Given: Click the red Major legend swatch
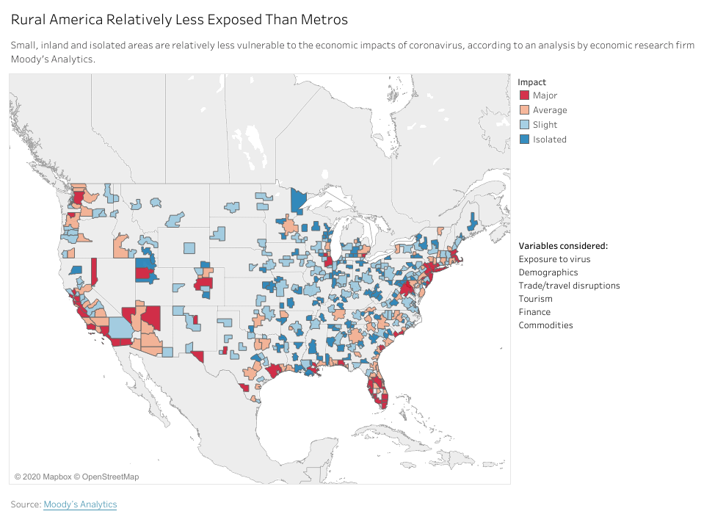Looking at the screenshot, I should tap(524, 95).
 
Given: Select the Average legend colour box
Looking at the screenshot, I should tap(524, 110).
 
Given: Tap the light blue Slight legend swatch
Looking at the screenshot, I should tap(524, 125).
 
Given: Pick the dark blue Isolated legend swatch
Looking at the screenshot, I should tap(524, 140).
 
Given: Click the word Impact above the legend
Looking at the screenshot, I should tap(531, 82).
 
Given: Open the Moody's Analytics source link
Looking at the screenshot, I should tap(80, 504).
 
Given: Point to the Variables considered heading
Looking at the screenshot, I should tap(563, 246).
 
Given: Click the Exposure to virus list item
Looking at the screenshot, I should tap(554, 259).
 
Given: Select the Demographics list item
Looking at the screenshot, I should tap(548, 272).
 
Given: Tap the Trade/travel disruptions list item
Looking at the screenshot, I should tap(569, 286).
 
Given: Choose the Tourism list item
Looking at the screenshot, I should tap(535, 299).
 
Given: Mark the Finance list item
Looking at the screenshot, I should tap(534, 312).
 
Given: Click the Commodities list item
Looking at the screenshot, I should tap(545, 325).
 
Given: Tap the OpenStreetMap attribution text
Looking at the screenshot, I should tap(109, 477).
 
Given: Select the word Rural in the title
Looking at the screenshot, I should tap(29, 18).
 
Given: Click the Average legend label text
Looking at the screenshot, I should tap(550, 110).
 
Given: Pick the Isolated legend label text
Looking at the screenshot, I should tap(550, 140).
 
